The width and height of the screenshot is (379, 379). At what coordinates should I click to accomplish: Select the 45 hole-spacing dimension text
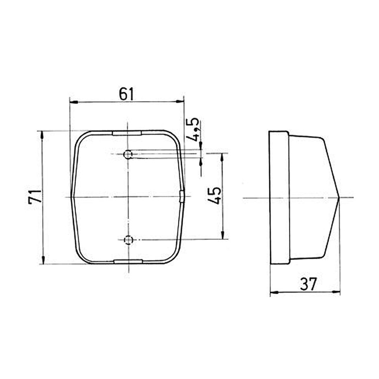click(215, 196)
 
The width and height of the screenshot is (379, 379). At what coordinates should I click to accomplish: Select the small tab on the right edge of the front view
click(182, 197)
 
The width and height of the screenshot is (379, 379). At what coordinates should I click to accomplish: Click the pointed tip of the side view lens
click(340, 197)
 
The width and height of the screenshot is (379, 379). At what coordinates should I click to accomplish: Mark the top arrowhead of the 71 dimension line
click(43, 134)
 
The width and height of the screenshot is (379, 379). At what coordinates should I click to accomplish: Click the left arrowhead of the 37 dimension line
click(272, 292)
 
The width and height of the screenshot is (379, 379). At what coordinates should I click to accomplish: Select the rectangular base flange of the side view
click(279, 197)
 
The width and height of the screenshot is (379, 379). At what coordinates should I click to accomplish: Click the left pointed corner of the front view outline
click(71, 197)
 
